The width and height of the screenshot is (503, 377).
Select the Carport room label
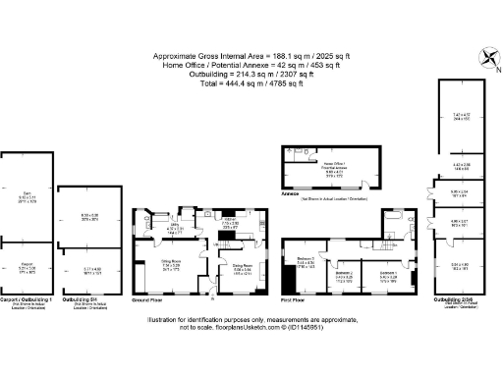coord(27,264)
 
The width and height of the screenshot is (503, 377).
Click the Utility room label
coord(177,227)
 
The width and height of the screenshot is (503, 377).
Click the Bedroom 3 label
coord(306,259)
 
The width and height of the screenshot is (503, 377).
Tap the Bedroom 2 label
coord(343,277)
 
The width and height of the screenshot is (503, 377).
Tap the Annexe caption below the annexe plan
coord(291,193)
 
